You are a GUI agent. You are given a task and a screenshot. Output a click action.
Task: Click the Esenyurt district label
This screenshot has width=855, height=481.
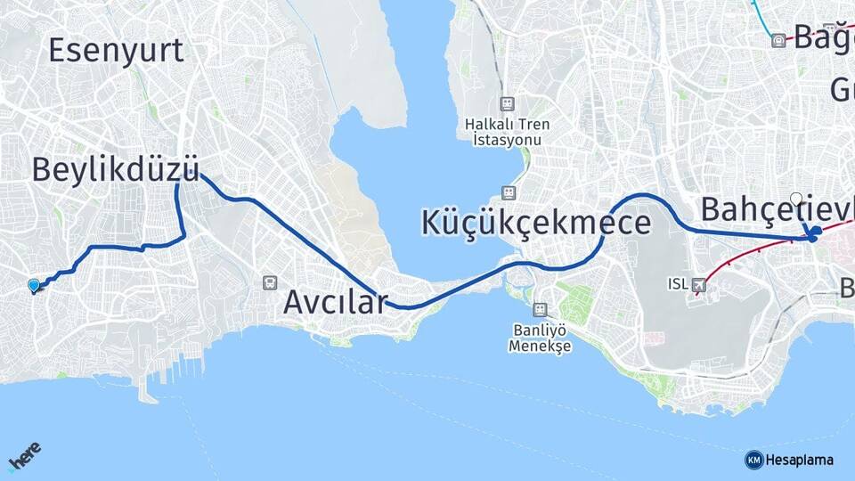[x=116, y=50]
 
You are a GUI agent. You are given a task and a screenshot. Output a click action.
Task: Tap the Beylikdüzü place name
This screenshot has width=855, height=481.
[x=115, y=169]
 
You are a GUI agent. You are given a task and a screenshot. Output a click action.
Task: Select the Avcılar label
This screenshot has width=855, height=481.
[x=335, y=303]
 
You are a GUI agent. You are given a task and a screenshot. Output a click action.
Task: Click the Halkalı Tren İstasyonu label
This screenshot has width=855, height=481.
[x=508, y=132]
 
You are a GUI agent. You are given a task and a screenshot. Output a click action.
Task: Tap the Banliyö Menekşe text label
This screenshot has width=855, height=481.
[x=539, y=338]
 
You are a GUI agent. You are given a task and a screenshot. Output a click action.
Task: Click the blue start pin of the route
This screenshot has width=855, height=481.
[x=34, y=285]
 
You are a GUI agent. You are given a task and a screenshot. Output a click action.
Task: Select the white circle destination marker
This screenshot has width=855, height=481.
[x=796, y=199]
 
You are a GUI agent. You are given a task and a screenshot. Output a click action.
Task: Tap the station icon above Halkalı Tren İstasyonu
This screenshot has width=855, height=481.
[x=508, y=104]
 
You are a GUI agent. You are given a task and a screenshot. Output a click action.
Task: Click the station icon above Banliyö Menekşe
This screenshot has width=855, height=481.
[x=539, y=309]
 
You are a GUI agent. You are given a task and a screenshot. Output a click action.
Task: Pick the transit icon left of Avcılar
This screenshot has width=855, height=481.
[x=270, y=282]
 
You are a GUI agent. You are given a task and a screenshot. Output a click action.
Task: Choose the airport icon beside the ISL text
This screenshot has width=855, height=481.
[x=698, y=285]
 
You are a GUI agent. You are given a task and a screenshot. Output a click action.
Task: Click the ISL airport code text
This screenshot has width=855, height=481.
[x=677, y=285]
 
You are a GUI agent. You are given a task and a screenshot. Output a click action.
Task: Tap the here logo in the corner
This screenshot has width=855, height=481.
[x=23, y=458]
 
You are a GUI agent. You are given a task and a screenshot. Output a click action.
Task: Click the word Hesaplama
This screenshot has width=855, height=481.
[x=799, y=460]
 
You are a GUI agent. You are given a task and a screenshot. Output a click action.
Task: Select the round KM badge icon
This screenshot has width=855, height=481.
[x=753, y=460]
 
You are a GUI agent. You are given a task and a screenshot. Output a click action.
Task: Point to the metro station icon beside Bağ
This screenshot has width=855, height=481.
[x=778, y=40]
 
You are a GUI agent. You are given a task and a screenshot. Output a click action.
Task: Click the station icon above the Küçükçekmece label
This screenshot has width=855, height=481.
[x=508, y=192]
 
